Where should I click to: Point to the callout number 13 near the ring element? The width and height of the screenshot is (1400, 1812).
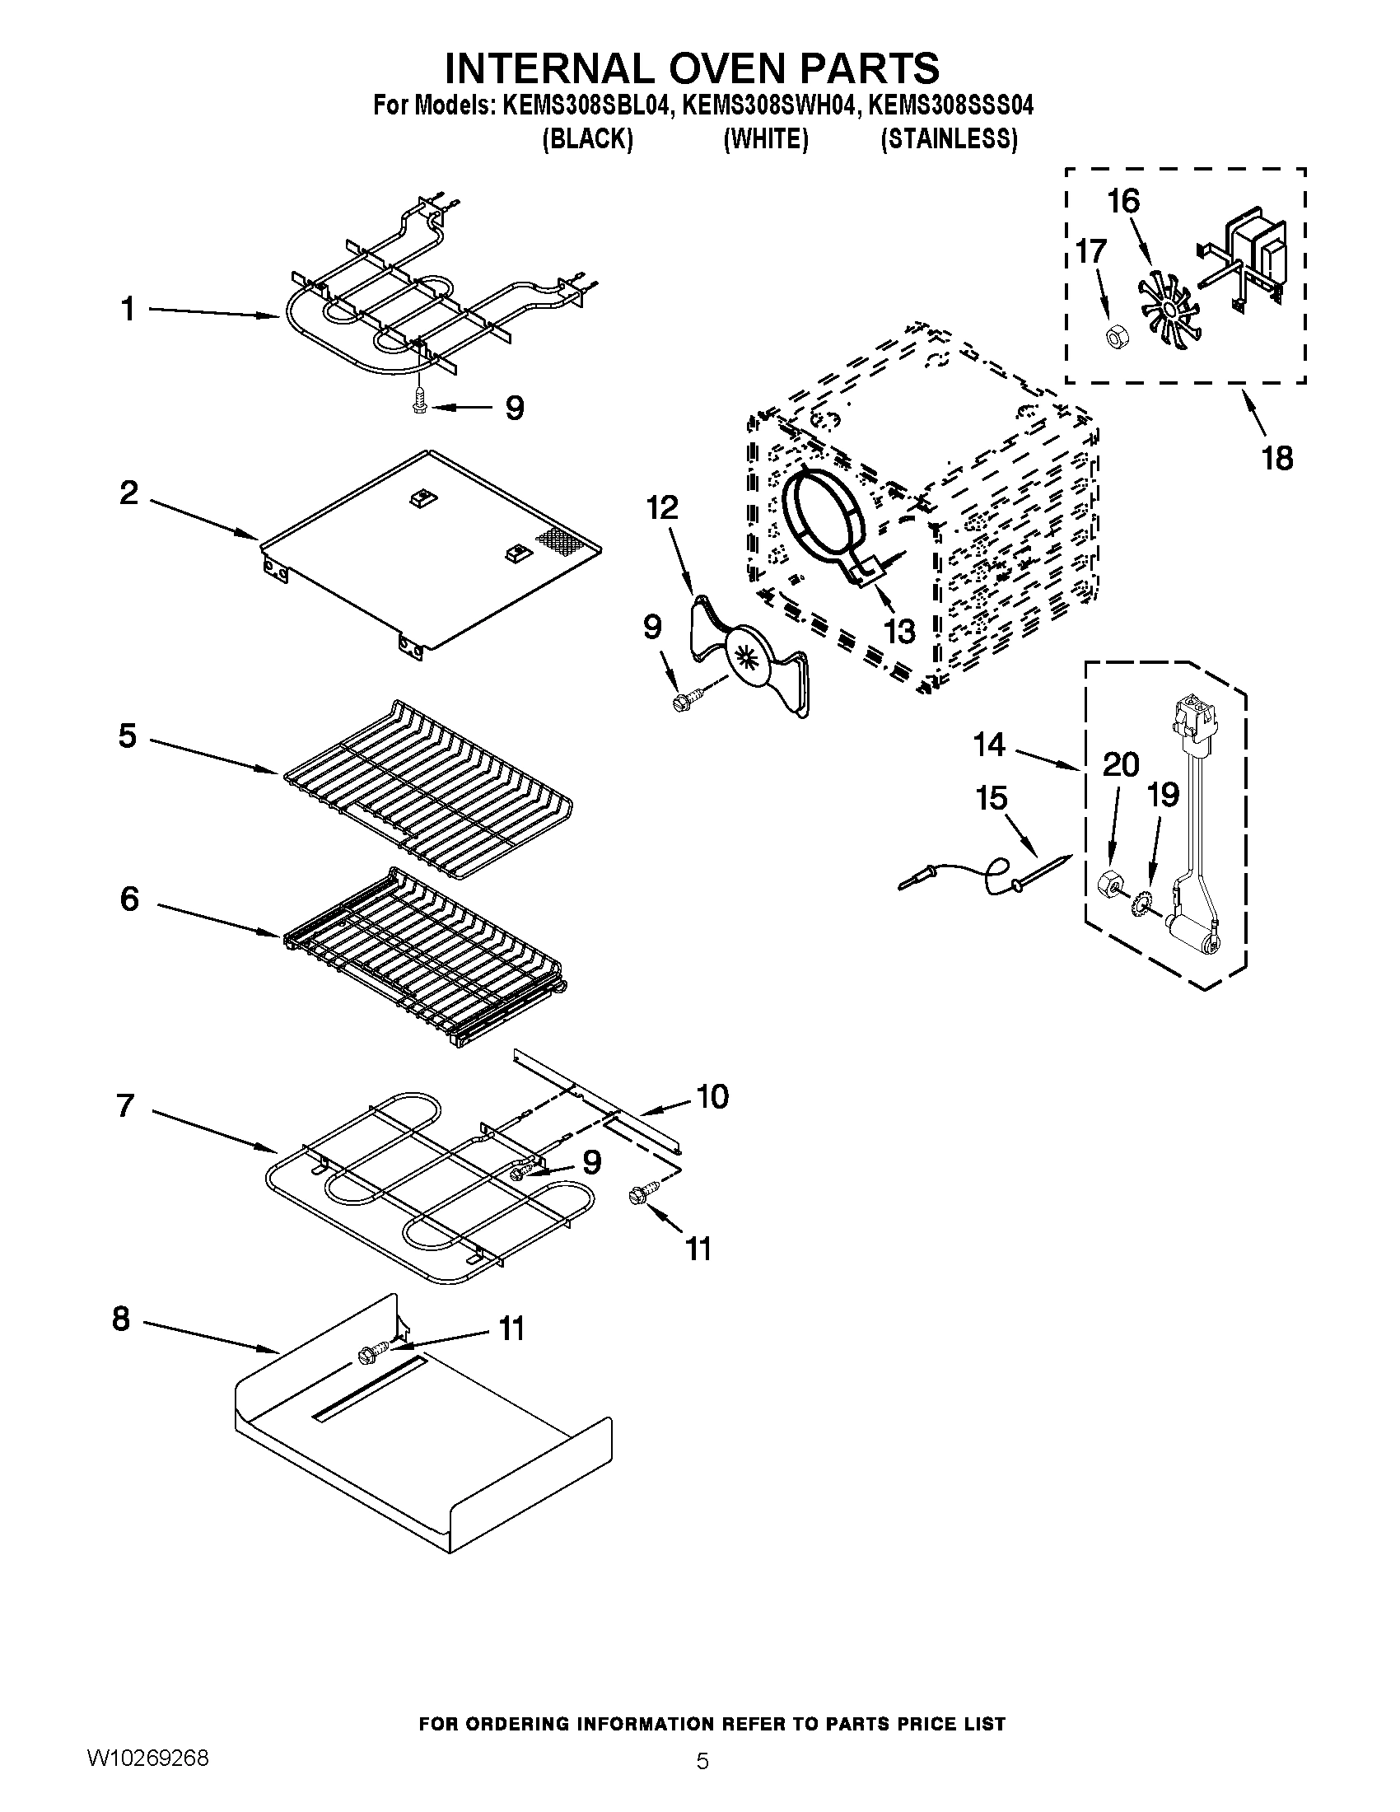pos(898,631)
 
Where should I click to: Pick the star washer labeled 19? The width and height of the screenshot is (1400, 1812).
pos(1141,901)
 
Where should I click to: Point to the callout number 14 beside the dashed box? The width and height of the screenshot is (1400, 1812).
pos(989,745)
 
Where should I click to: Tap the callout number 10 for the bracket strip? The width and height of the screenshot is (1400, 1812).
pos(712,1096)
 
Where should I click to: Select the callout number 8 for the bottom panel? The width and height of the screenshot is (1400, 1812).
pos(121,1319)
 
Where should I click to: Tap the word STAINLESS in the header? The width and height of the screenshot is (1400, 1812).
pos(949,139)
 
